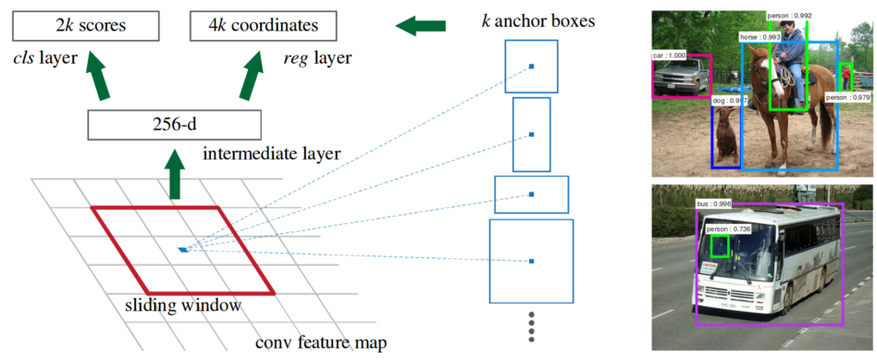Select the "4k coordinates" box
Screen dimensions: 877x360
click(x=263, y=25)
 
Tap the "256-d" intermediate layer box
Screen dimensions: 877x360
click(x=175, y=124)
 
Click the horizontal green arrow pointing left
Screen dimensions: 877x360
click(x=421, y=25)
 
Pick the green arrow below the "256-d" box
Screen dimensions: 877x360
click(x=175, y=174)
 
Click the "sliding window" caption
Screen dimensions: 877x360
click(x=183, y=305)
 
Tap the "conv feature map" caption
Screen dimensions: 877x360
click(x=321, y=342)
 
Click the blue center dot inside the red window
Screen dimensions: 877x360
click(x=183, y=249)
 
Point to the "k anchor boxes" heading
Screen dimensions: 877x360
click(x=538, y=22)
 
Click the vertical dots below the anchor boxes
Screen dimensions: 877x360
click(x=532, y=327)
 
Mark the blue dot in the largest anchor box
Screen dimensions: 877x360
click(x=531, y=261)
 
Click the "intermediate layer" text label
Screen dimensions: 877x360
click(x=271, y=153)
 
